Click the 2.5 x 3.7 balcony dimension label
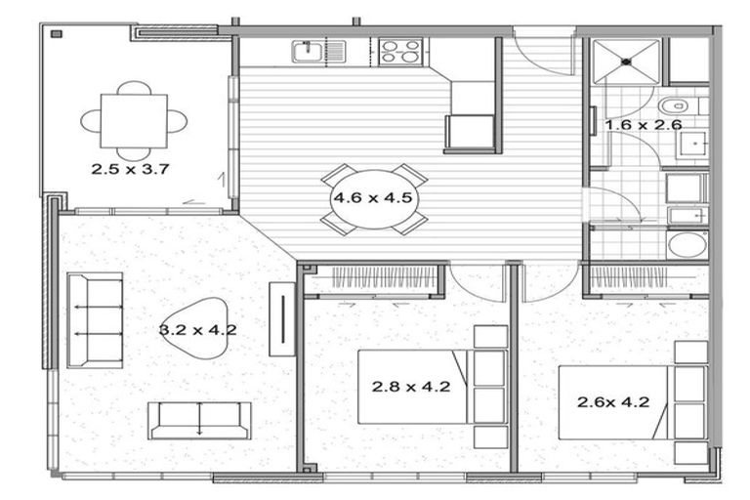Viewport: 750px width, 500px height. (131, 168)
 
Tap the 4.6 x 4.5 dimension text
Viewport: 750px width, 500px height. (375, 196)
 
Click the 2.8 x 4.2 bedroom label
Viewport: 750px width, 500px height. (410, 386)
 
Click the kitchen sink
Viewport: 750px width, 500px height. (308, 51)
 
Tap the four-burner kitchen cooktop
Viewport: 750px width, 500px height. (400, 52)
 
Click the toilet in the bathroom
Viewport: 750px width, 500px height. (675, 104)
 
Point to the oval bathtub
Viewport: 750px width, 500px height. (687, 244)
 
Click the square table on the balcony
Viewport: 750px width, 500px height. (134, 120)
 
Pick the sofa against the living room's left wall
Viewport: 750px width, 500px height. (95, 320)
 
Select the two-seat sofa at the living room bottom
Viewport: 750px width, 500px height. (199, 420)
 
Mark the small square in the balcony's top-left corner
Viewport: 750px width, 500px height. (56, 34)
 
